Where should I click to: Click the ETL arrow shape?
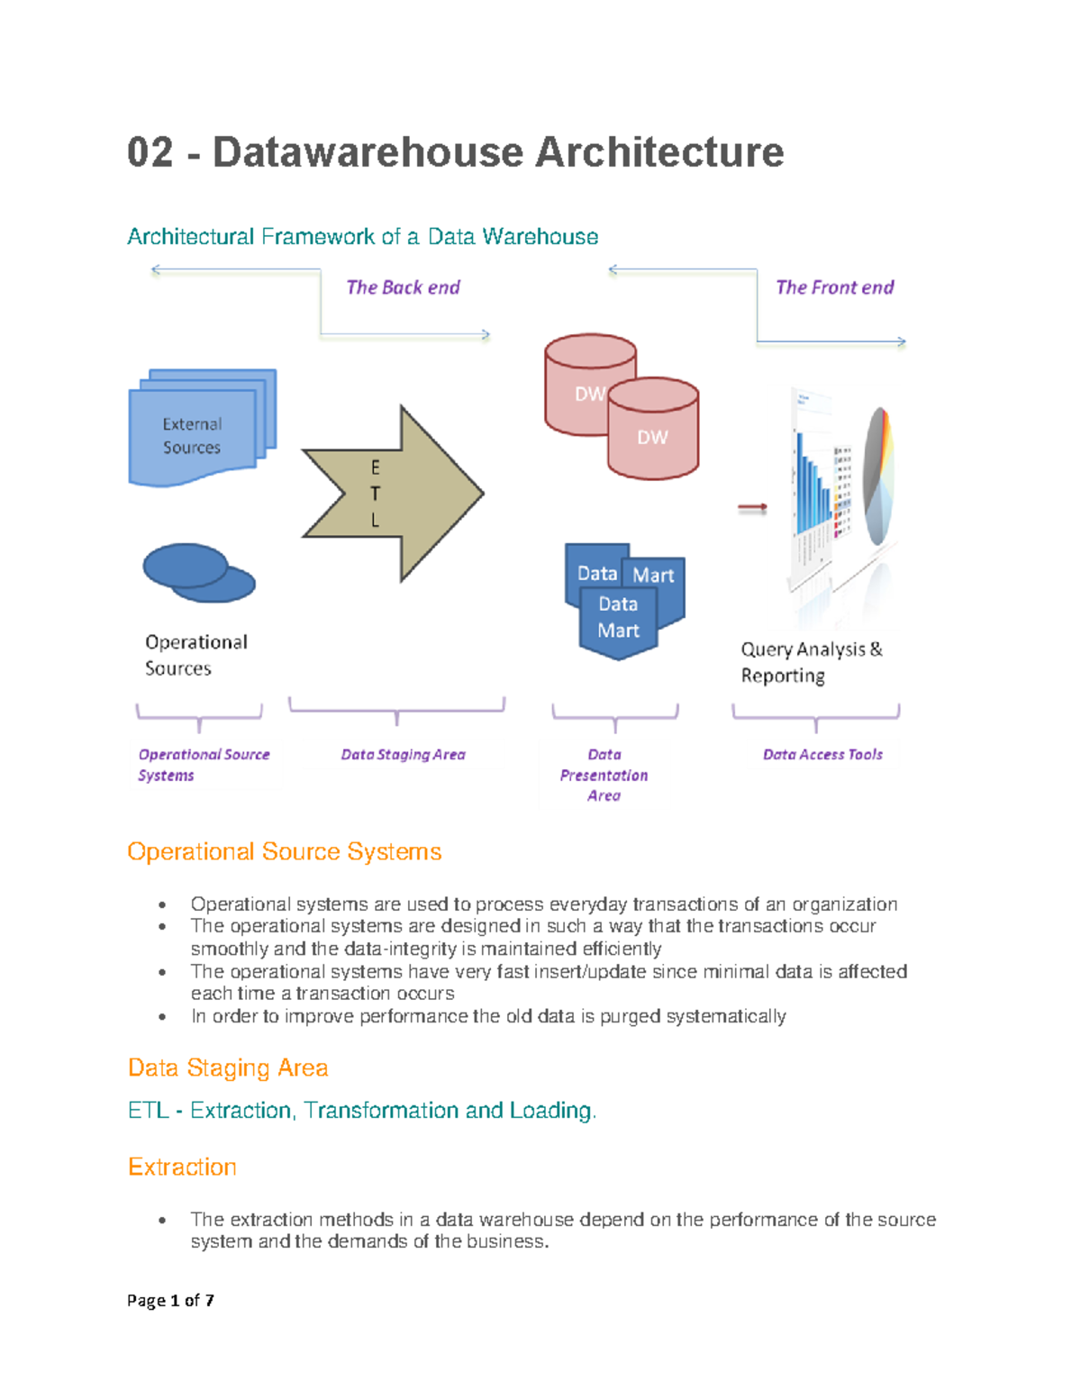point(396,494)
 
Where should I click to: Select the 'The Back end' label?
point(403,287)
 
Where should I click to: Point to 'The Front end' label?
point(834,287)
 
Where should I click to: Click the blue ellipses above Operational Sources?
point(198,573)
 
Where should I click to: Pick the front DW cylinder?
point(653,431)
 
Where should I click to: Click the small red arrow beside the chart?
point(751,509)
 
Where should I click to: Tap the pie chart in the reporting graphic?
point(878,477)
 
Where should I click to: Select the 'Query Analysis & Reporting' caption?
point(811,662)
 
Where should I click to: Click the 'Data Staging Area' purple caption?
point(403,755)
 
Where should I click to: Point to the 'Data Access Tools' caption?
point(822,755)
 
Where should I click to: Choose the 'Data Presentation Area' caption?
point(604,775)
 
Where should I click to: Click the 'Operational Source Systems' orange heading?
point(284,852)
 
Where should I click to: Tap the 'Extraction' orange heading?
point(182,1167)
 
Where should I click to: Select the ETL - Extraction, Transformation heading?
point(361,1111)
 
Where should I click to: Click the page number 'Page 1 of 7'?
point(170,1301)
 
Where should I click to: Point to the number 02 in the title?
point(150,152)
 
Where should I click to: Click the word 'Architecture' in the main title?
point(659,152)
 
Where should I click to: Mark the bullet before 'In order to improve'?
point(162,1017)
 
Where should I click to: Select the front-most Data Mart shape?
point(618,620)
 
